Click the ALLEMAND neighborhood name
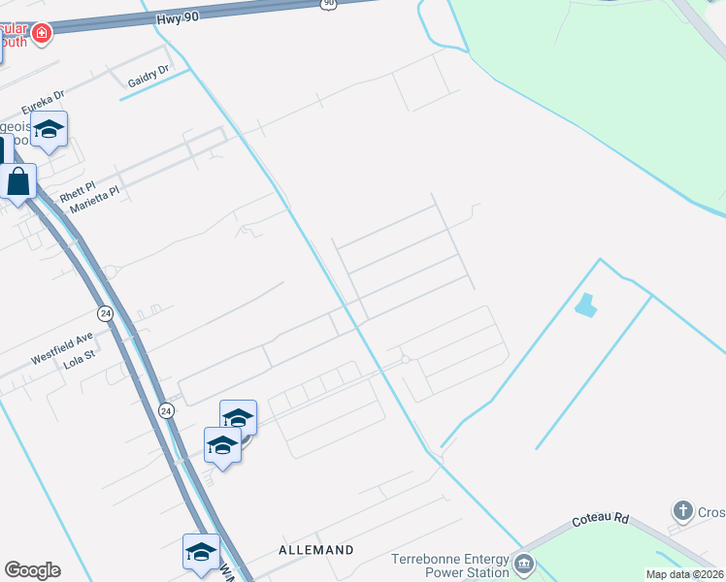pyautogui.click(x=317, y=550)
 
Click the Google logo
pyautogui.click(x=32, y=570)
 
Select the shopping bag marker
pyautogui.click(x=18, y=180)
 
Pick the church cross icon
pyautogui.click(x=682, y=510)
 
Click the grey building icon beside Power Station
pyautogui.click(x=523, y=564)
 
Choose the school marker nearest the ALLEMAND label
pyautogui.click(x=201, y=552)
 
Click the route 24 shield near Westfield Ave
pyautogui.click(x=105, y=313)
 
